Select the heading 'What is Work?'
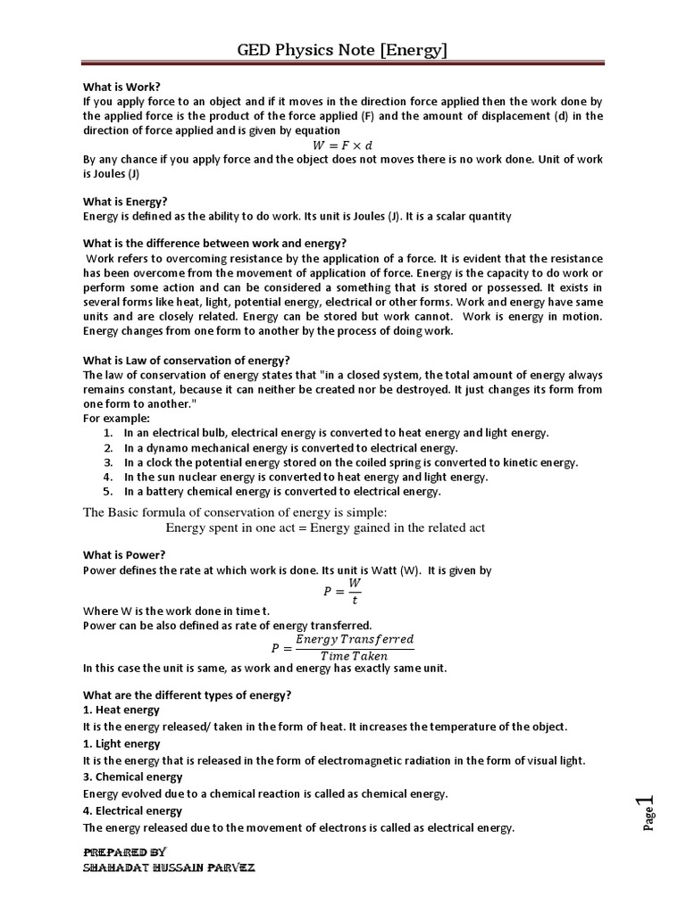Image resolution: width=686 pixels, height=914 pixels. coord(121,87)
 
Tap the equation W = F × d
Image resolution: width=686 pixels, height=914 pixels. coord(342,145)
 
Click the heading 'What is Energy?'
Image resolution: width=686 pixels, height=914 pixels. coord(125,202)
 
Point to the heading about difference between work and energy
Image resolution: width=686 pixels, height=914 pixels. coord(214,244)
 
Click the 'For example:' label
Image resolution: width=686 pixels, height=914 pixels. coord(116,418)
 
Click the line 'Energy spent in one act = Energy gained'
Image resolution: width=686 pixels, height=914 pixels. coord(325,528)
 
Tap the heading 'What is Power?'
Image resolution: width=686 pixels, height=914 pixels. coord(124,554)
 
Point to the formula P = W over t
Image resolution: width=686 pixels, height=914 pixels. coord(342,590)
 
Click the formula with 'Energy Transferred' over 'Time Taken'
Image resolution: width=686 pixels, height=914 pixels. coord(342,647)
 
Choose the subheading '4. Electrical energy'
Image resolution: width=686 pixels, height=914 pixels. coord(132,810)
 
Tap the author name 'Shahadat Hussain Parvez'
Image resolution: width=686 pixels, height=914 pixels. coord(169,868)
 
